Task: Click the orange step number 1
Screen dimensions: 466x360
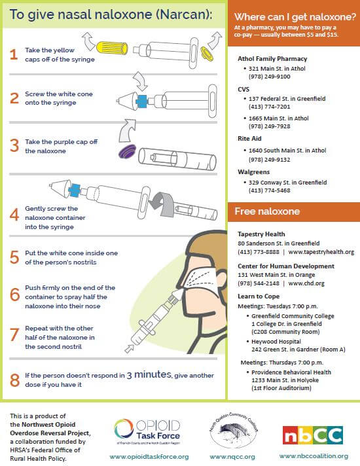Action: (13, 54)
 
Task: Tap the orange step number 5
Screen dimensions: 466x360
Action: (13, 257)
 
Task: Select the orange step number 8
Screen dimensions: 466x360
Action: (13, 380)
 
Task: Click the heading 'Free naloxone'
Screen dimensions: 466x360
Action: (268, 211)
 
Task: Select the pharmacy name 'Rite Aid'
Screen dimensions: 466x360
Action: (250, 139)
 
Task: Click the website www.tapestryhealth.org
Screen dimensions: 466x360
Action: (321, 252)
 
